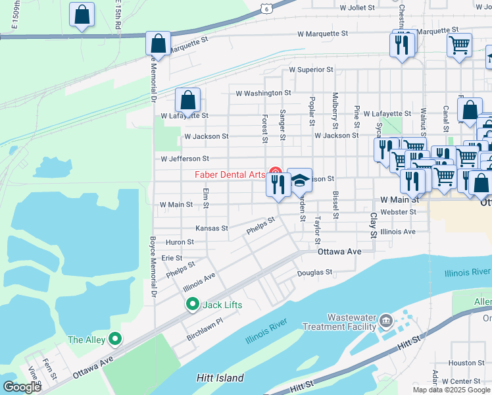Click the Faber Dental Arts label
point(230,174)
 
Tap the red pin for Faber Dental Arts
point(276,174)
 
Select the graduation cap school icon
point(299,180)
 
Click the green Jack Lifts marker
point(192,305)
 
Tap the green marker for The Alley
point(115,339)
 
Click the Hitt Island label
point(220,378)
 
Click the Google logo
point(22,386)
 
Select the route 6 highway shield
point(264,7)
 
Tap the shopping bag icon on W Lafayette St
point(187,101)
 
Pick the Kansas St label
point(211,228)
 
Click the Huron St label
point(180,242)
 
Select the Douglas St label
point(315,272)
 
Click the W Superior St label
point(311,69)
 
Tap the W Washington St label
point(262,93)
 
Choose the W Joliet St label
point(357,8)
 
